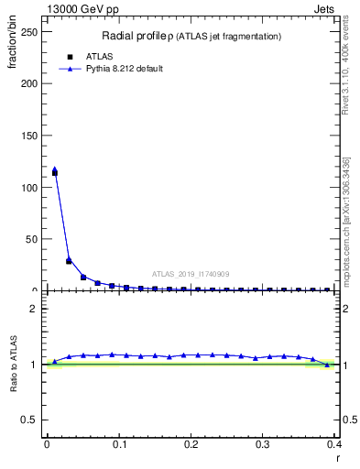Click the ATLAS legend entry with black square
(x=99, y=56)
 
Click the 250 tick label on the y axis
(x=29, y=31)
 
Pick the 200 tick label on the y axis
(x=29, y=83)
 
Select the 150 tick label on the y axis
(x=29, y=136)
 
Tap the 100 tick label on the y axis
(x=29, y=187)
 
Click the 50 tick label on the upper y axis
(x=32, y=239)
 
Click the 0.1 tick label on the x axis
(x=119, y=444)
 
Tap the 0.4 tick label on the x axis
(x=333, y=444)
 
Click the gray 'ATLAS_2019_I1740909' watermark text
(x=191, y=274)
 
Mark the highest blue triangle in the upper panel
(x=55, y=169)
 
